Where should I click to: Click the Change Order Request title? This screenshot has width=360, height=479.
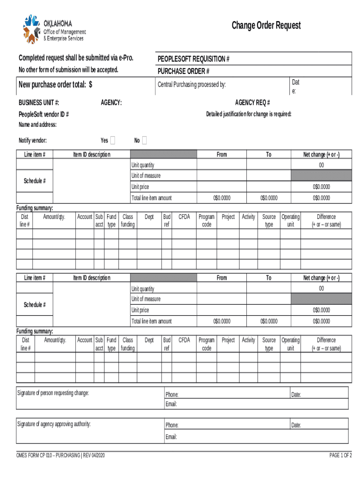click(266, 25)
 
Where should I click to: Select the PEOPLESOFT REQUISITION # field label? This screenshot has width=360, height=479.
click(193, 59)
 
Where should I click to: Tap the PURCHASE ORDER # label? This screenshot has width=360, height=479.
click(183, 71)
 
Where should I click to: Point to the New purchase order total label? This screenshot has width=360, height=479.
click(55, 84)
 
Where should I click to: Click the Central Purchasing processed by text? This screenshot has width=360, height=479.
click(192, 84)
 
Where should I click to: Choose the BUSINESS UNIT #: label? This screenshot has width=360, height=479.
click(39, 102)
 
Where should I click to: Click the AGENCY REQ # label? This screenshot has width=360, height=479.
click(252, 102)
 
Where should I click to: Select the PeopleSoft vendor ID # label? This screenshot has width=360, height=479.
click(44, 114)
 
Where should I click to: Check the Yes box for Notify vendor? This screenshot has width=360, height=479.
click(113, 140)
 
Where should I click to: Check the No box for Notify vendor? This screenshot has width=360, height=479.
click(144, 140)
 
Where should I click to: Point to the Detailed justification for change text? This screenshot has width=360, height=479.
click(249, 114)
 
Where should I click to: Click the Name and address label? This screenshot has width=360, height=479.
click(37, 124)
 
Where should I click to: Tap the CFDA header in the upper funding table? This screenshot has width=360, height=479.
click(184, 217)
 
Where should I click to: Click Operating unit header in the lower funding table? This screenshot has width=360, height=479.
click(290, 344)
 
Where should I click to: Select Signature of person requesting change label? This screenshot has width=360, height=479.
click(53, 392)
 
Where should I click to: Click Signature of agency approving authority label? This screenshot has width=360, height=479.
click(54, 424)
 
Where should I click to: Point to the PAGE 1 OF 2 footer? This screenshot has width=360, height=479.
click(340, 455)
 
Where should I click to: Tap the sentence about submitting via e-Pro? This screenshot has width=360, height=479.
click(76, 58)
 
